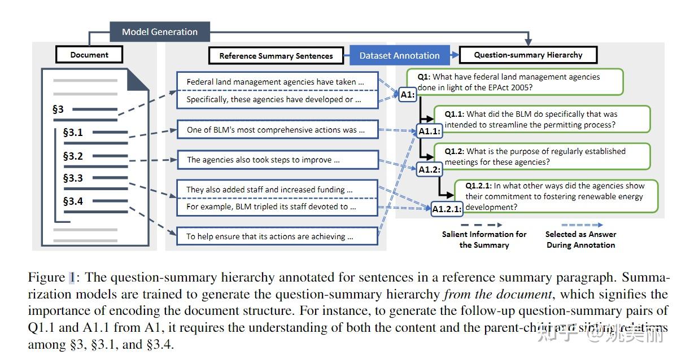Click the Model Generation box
160,32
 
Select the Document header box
89,55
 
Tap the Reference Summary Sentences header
276,55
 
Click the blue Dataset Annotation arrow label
399,55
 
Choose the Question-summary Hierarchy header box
527,55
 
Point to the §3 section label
58,109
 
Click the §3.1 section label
73,133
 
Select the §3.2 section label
73,156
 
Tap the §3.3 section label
73,178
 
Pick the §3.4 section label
73,201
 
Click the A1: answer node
407,95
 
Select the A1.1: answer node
429,131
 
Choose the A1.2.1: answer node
447,209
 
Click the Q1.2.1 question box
556,196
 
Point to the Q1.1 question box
542,119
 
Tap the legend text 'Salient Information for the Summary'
484,239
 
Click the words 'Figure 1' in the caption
51,278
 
